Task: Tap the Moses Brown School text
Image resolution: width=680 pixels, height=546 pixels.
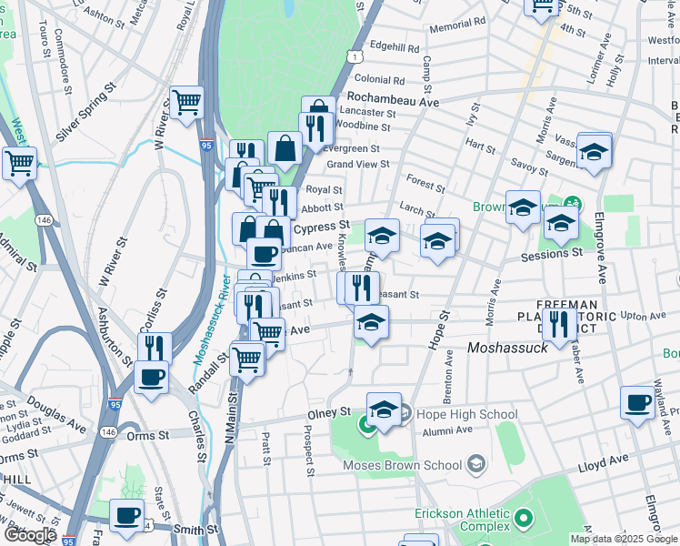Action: point(402,466)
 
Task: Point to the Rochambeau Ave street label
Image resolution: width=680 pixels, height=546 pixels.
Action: point(393,101)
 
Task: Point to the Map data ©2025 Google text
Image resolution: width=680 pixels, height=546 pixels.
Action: point(623,539)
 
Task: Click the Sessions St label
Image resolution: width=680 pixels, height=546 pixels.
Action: point(551,256)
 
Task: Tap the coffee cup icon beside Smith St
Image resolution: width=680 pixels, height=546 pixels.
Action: point(127,515)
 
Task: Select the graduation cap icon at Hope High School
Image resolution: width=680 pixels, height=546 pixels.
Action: point(385,410)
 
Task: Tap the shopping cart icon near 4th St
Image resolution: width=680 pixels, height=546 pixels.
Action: point(542,5)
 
